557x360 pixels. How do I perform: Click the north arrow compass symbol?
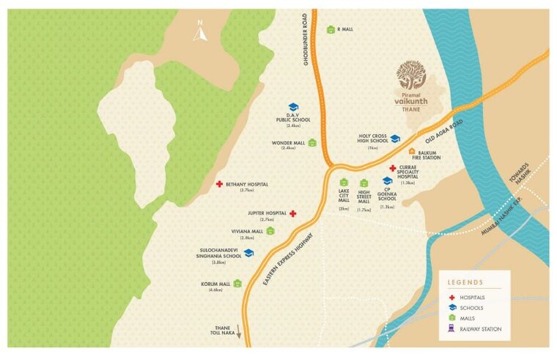[199, 32]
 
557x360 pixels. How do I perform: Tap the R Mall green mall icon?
[331, 29]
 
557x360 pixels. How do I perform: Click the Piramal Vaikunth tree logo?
[410, 74]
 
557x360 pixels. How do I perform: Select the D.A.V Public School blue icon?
[292, 107]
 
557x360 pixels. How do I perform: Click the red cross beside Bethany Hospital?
[219, 184]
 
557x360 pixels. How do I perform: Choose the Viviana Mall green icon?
[270, 231]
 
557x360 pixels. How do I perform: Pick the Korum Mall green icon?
[237, 283]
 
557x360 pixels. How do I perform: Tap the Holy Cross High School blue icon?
[395, 139]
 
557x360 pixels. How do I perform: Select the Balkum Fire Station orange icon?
[411, 150]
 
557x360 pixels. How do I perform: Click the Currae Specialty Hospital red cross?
[393, 169]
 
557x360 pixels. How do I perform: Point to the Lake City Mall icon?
[343, 183]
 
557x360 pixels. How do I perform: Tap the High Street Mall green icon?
[364, 183]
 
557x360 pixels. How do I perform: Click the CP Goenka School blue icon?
[387, 181]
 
